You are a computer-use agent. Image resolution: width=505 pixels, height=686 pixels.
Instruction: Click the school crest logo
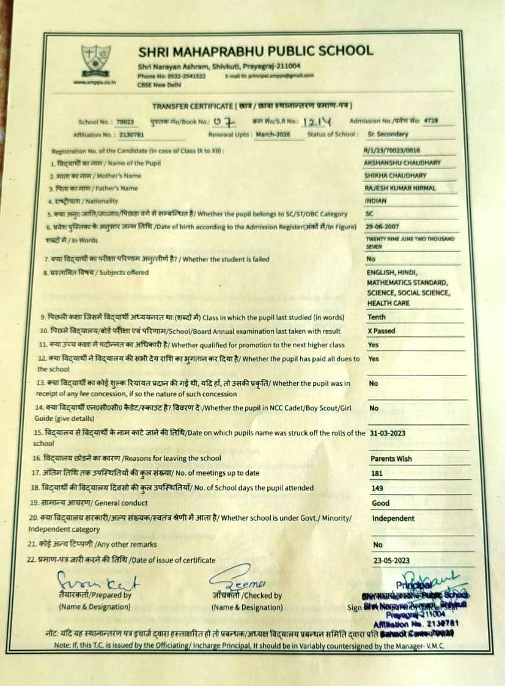point(97,61)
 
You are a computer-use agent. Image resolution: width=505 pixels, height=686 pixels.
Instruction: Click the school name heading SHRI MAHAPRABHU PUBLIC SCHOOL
point(255,51)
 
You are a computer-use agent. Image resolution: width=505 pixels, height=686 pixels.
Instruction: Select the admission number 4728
point(430,121)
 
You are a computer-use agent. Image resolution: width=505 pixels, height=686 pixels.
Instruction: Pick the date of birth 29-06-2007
point(383,227)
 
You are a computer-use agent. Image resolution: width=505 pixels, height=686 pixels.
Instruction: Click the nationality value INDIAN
point(375,201)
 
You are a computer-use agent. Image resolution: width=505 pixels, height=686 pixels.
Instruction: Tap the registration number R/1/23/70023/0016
point(392,150)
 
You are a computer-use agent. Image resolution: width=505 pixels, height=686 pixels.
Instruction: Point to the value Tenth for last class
point(377,317)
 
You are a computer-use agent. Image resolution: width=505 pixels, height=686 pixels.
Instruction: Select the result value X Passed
point(381,331)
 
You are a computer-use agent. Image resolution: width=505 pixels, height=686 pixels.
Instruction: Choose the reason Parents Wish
point(391,459)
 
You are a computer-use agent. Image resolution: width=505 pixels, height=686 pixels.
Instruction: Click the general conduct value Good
point(380,503)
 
